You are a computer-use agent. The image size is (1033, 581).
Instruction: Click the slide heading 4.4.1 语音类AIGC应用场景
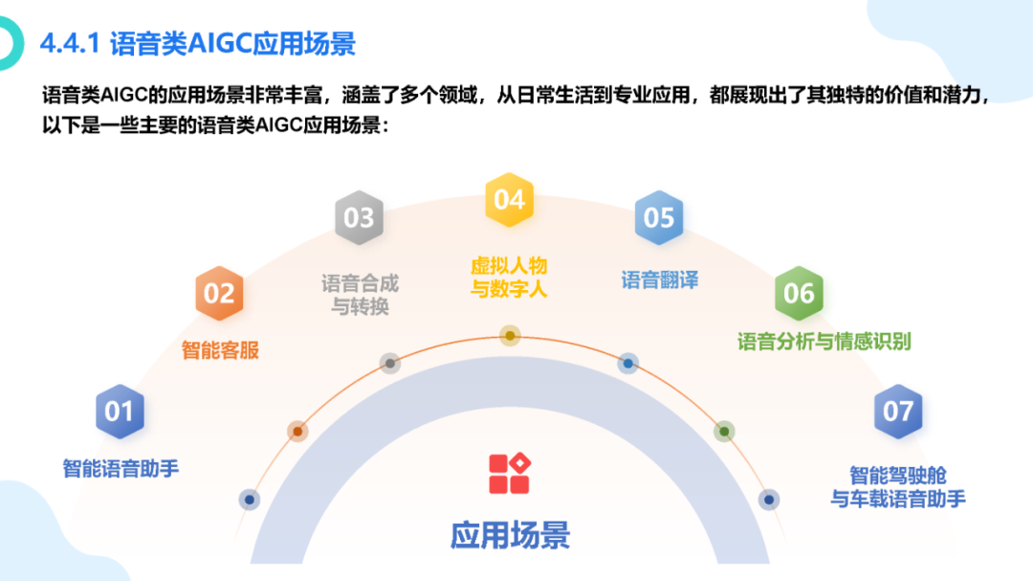pos(198,44)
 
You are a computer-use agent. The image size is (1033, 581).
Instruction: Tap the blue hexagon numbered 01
pos(120,412)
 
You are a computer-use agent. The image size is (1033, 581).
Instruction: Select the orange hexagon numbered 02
pos(219,294)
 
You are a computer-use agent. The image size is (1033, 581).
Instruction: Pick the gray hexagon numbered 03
pos(359,218)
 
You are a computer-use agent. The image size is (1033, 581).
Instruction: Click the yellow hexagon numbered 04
pos(509,199)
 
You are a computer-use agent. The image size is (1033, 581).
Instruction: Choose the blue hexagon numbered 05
pos(659,218)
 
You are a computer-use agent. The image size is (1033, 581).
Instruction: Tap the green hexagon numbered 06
pos(799,294)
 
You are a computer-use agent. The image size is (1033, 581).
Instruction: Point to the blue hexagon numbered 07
pos(898,412)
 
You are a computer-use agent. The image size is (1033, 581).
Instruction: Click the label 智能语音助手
pos(121,469)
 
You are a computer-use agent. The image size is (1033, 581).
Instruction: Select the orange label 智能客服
pos(220,350)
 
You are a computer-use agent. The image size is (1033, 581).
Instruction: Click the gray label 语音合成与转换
pos(360,295)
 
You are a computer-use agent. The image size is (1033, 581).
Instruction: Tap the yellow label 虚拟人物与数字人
pos(509,277)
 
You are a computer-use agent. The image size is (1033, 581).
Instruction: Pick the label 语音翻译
pos(660,280)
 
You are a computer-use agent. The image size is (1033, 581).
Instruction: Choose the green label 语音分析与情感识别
pos(824,341)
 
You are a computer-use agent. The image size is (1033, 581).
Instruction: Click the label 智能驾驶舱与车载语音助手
pos(898,486)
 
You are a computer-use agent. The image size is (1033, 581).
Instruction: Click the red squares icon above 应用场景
pos(510,473)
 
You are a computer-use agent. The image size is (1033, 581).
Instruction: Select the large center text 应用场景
pos(510,534)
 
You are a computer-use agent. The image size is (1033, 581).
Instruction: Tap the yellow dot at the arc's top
pos(510,335)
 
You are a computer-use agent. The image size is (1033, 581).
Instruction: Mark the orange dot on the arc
pos(297,432)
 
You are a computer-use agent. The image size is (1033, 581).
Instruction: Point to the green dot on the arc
pos(724,432)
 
